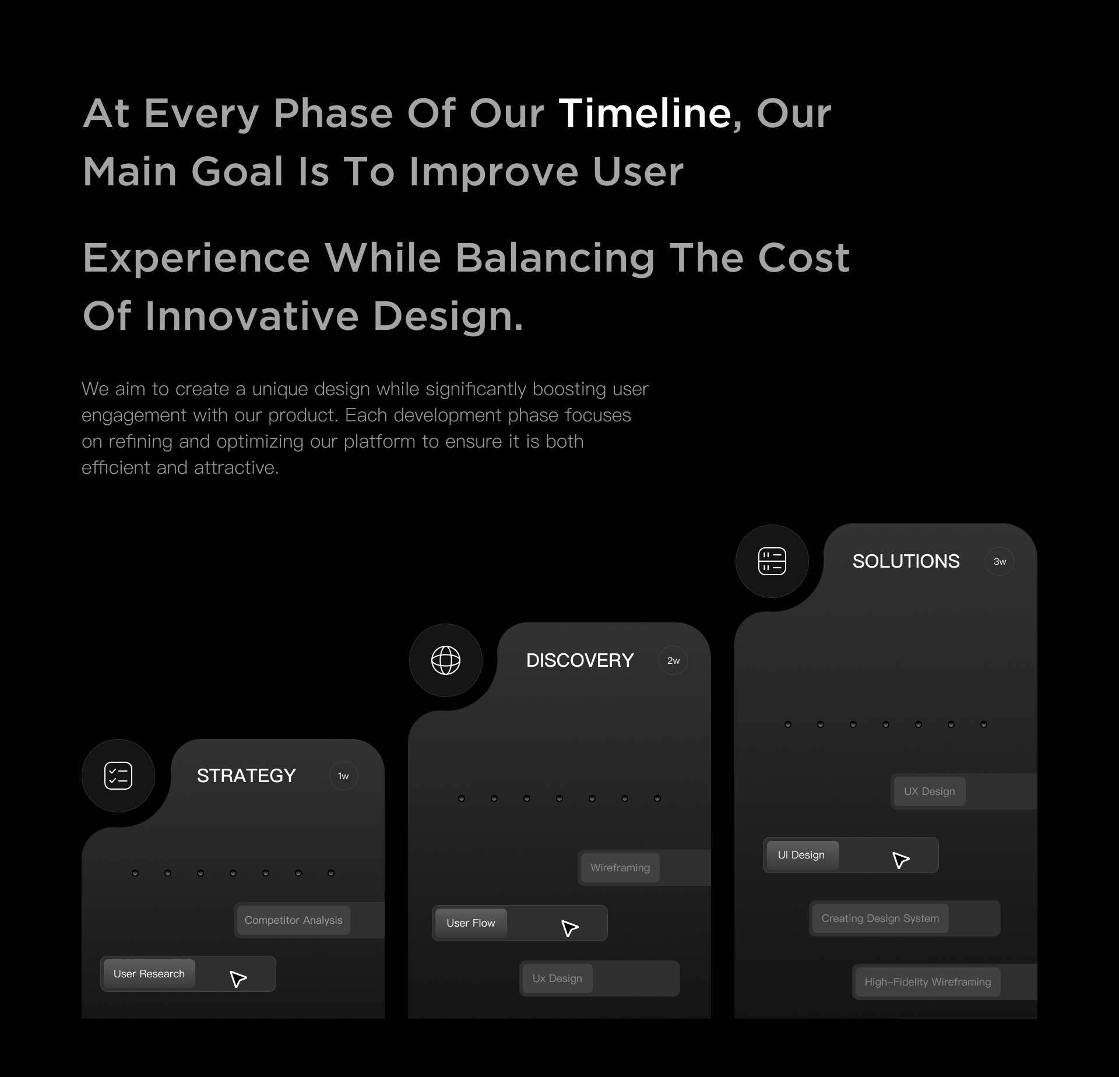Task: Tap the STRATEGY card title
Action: pyautogui.click(x=247, y=776)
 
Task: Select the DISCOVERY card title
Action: pyautogui.click(x=580, y=660)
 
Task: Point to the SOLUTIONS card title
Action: pyautogui.click(x=906, y=561)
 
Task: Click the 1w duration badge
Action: pyautogui.click(x=344, y=776)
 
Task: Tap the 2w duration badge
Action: pyautogui.click(x=673, y=660)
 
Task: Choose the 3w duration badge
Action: pyautogui.click(x=1000, y=561)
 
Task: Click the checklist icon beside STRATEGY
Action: pyautogui.click(x=118, y=776)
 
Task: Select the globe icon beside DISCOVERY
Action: pyautogui.click(x=446, y=660)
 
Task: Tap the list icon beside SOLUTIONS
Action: pyautogui.click(x=772, y=561)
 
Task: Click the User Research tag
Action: pyautogui.click(x=149, y=974)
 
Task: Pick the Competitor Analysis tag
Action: pyautogui.click(x=294, y=920)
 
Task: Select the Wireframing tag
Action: pyautogui.click(x=620, y=868)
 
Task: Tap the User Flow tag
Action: pyautogui.click(x=471, y=923)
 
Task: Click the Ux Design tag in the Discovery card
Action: pyautogui.click(x=557, y=979)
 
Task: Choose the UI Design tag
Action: pyautogui.click(x=801, y=855)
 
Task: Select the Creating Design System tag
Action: pyautogui.click(x=880, y=918)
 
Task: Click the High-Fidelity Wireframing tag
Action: pyautogui.click(x=928, y=982)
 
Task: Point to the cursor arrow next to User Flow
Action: pyautogui.click(x=569, y=928)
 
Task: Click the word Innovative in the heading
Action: pyautogui.click(x=252, y=316)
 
